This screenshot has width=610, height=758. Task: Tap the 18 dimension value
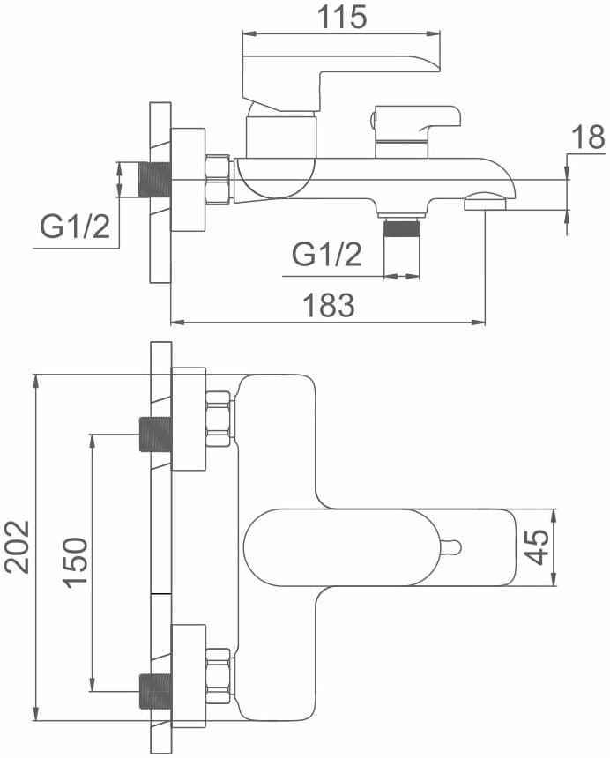pos(588,137)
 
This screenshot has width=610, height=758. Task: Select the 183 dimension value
pos(328,304)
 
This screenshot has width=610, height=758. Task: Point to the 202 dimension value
pos(18,546)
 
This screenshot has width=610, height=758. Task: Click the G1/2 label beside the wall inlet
pos(75,227)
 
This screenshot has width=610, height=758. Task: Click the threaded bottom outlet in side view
pos(402,228)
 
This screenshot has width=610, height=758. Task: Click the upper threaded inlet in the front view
pos(155,435)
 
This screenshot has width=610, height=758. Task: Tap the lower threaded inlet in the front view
pos(155,691)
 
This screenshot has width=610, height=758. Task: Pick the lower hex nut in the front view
pos(218,676)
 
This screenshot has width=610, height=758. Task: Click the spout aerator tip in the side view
pos(485,204)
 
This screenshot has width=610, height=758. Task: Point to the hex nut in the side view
pos(218,180)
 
